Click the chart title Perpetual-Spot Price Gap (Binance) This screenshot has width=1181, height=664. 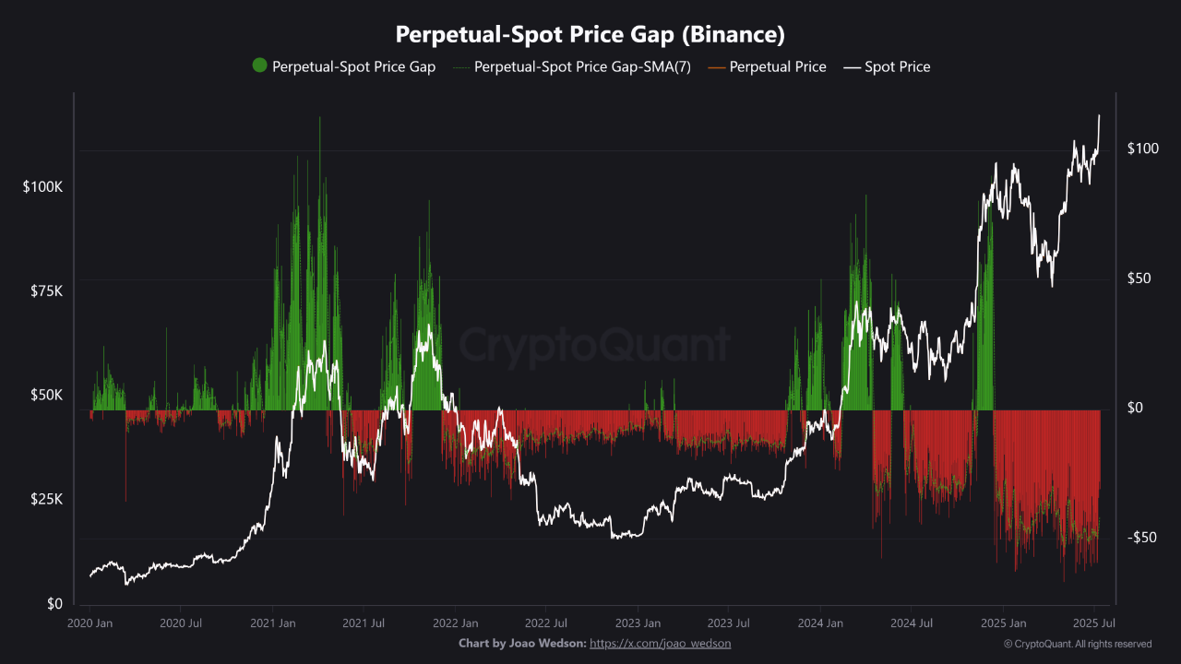coord(590,35)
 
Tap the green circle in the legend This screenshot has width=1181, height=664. coord(259,65)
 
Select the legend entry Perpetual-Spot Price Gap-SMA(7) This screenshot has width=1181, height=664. coord(581,66)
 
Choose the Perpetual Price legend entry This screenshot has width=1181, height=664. coord(777,66)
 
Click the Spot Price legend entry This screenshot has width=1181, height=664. coord(897,66)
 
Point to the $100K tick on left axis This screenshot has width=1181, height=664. coord(42,186)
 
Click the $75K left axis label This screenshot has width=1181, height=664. coord(45,290)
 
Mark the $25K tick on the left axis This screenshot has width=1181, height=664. coord(45,499)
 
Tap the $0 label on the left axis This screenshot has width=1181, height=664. coord(54,603)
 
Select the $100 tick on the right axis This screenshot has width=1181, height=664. coord(1142,149)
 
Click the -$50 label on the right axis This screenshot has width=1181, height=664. coord(1142,538)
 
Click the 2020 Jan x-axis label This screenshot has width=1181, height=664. coord(89,623)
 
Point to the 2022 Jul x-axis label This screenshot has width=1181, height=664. coord(544,623)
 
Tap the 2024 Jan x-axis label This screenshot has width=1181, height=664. coord(819,623)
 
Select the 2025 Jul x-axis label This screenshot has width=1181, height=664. coord(1092,623)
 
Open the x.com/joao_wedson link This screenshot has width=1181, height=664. coord(660,644)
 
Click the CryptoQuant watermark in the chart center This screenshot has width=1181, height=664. coord(594,346)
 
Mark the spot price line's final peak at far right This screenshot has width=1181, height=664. coord(1099,116)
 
